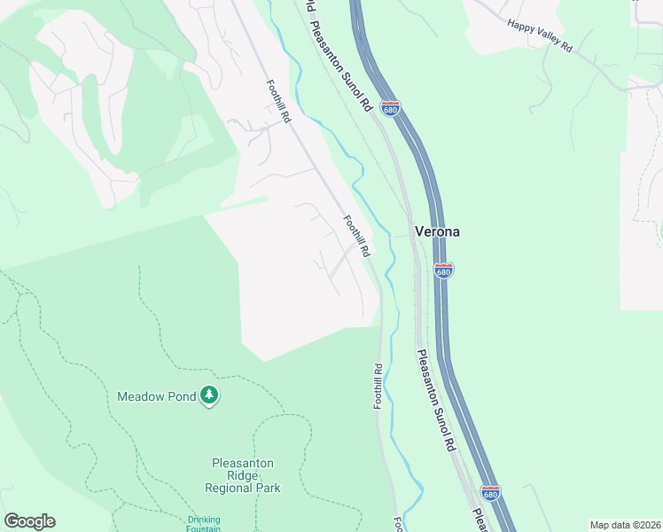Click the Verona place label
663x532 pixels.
(x=437, y=231)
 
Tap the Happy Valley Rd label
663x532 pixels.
(x=540, y=35)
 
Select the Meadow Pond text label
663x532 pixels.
(x=156, y=396)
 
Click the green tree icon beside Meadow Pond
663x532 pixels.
(x=208, y=395)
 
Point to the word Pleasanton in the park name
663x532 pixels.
(x=243, y=463)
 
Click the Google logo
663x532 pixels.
(x=29, y=521)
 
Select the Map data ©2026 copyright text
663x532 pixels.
(x=625, y=525)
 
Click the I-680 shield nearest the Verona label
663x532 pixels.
(x=444, y=270)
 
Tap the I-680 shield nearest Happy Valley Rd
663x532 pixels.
(x=391, y=108)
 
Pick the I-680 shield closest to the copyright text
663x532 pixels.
(x=491, y=491)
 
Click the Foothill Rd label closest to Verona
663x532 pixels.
(x=356, y=237)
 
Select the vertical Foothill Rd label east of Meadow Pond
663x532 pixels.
(x=378, y=387)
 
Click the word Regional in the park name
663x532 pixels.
(x=229, y=488)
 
